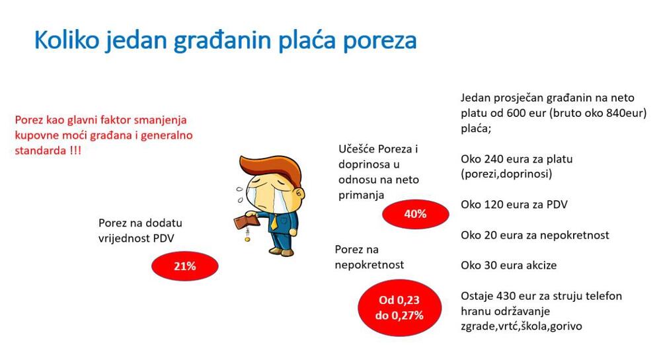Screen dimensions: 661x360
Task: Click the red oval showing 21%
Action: [x=185, y=266]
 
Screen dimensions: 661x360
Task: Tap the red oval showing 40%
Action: [x=416, y=214]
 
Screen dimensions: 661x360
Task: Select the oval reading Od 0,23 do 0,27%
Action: [x=400, y=308]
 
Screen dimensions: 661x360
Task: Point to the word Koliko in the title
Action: [x=67, y=40]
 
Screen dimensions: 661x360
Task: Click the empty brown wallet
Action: [x=246, y=221]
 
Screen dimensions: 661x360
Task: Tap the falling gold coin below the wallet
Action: [x=247, y=239]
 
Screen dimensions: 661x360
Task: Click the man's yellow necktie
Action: [x=274, y=222]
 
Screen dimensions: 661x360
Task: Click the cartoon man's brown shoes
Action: [x=281, y=252]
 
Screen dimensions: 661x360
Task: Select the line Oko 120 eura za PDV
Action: [x=514, y=205]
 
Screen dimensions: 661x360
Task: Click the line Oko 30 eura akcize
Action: [x=508, y=266]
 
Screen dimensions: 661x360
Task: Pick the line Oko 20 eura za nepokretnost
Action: [x=535, y=235]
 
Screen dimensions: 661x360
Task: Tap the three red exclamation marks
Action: [x=75, y=151]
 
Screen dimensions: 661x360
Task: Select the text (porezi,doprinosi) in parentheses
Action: [x=506, y=174]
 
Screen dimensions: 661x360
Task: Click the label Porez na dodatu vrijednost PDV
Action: [x=140, y=231]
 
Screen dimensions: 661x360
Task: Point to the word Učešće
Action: [x=357, y=149]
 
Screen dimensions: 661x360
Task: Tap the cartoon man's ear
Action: [x=300, y=194]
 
